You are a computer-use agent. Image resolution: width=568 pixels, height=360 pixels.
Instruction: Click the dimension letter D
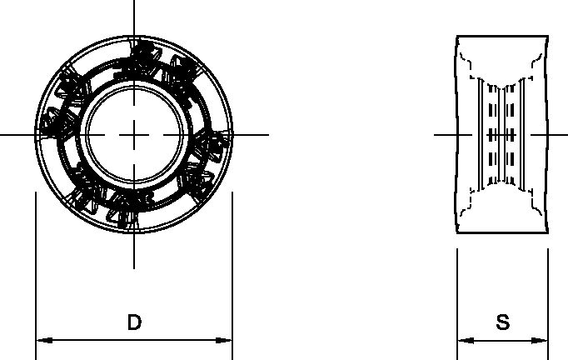pyautogui.click(x=133, y=322)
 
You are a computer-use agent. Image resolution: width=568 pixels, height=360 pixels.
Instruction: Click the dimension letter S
pyautogui.click(x=502, y=322)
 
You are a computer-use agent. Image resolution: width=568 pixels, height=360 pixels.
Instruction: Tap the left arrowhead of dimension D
pyautogui.click(x=42, y=340)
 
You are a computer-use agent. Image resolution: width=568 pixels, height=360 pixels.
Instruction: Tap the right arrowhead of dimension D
pyautogui.click(x=225, y=340)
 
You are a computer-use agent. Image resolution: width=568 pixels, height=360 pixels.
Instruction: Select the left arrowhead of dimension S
pyautogui.click(x=463, y=340)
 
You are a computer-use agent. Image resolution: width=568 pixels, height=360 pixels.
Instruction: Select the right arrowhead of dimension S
pyautogui.click(x=541, y=340)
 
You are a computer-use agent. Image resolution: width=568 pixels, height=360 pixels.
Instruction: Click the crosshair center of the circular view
pyautogui.click(x=133, y=134)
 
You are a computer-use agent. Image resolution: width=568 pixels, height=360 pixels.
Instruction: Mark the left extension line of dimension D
pyautogui.click(x=35, y=267)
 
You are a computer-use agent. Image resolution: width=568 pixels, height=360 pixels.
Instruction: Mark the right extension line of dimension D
pyautogui.click(x=232, y=267)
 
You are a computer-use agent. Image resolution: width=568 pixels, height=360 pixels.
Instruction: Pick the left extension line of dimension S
pyautogui.click(x=456, y=292)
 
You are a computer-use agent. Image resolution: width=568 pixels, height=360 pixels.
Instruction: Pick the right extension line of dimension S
pyautogui.click(x=548, y=292)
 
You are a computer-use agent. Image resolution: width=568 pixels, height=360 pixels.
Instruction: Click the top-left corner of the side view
pyautogui.click(x=457, y=37)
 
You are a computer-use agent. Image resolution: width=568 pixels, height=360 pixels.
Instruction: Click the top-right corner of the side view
pyautogui.click(x=549, y=37)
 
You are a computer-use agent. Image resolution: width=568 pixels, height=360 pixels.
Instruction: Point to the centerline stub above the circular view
pyautogui.click(x=133, y=17)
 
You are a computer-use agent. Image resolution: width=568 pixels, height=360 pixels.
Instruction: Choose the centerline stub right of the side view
pyautogui.click(x=560, y=134)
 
